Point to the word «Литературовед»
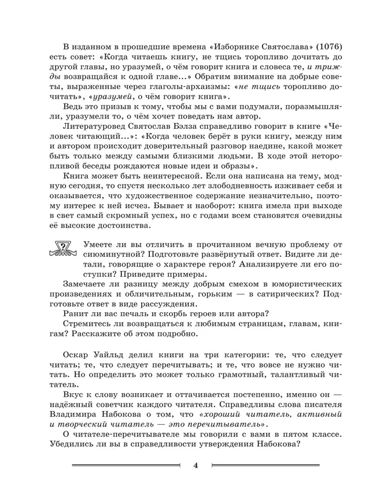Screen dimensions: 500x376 point(97,140)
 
